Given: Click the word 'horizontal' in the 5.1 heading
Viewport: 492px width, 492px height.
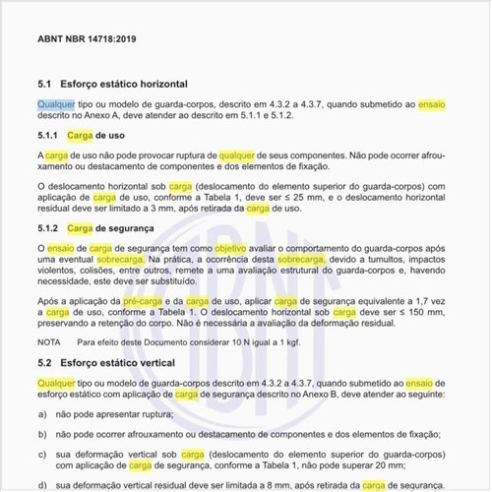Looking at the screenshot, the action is [x=159, y=86].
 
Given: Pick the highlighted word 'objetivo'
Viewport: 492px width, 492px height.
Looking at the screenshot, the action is [x=231, y=250].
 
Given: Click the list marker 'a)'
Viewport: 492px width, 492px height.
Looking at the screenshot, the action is [x=42, y=414].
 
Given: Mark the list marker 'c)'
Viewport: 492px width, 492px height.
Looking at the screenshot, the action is [x=42, y=455].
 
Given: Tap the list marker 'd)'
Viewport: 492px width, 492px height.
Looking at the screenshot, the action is [x=42, y=485].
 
